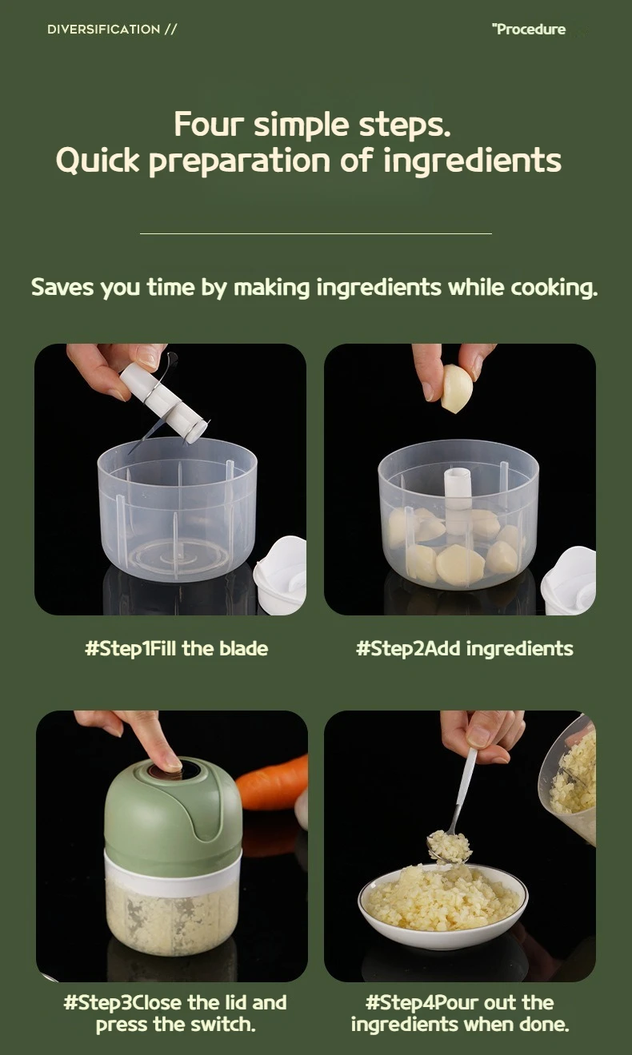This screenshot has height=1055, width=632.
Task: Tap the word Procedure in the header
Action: click(530, 30)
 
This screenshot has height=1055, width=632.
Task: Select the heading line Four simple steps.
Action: click(312, 125)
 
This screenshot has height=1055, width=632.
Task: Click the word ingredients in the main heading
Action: click(472, 161)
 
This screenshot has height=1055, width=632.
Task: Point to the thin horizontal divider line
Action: click(315, 233)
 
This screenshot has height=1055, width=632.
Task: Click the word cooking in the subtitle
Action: click(554, 287)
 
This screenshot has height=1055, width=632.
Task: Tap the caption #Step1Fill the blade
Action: click(176, 648)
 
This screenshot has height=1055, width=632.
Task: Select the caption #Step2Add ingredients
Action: click(464, 648)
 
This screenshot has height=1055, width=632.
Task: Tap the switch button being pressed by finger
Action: click(169, 769)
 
